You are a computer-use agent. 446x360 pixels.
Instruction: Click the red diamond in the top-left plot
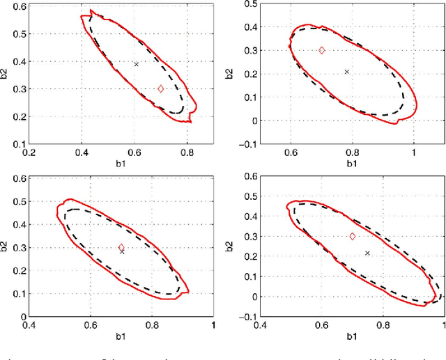coord(161,88)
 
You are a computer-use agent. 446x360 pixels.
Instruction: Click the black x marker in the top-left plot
coord(137,64)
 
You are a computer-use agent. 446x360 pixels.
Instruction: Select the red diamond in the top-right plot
coord(322,50)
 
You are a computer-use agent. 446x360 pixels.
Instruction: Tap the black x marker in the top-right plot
coord(347,71)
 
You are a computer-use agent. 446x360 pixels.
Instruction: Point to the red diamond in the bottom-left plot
coord(121,247)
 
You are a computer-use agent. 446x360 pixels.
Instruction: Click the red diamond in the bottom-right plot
coord(353,237)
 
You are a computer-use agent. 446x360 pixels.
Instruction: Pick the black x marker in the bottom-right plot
coord(367,253)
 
